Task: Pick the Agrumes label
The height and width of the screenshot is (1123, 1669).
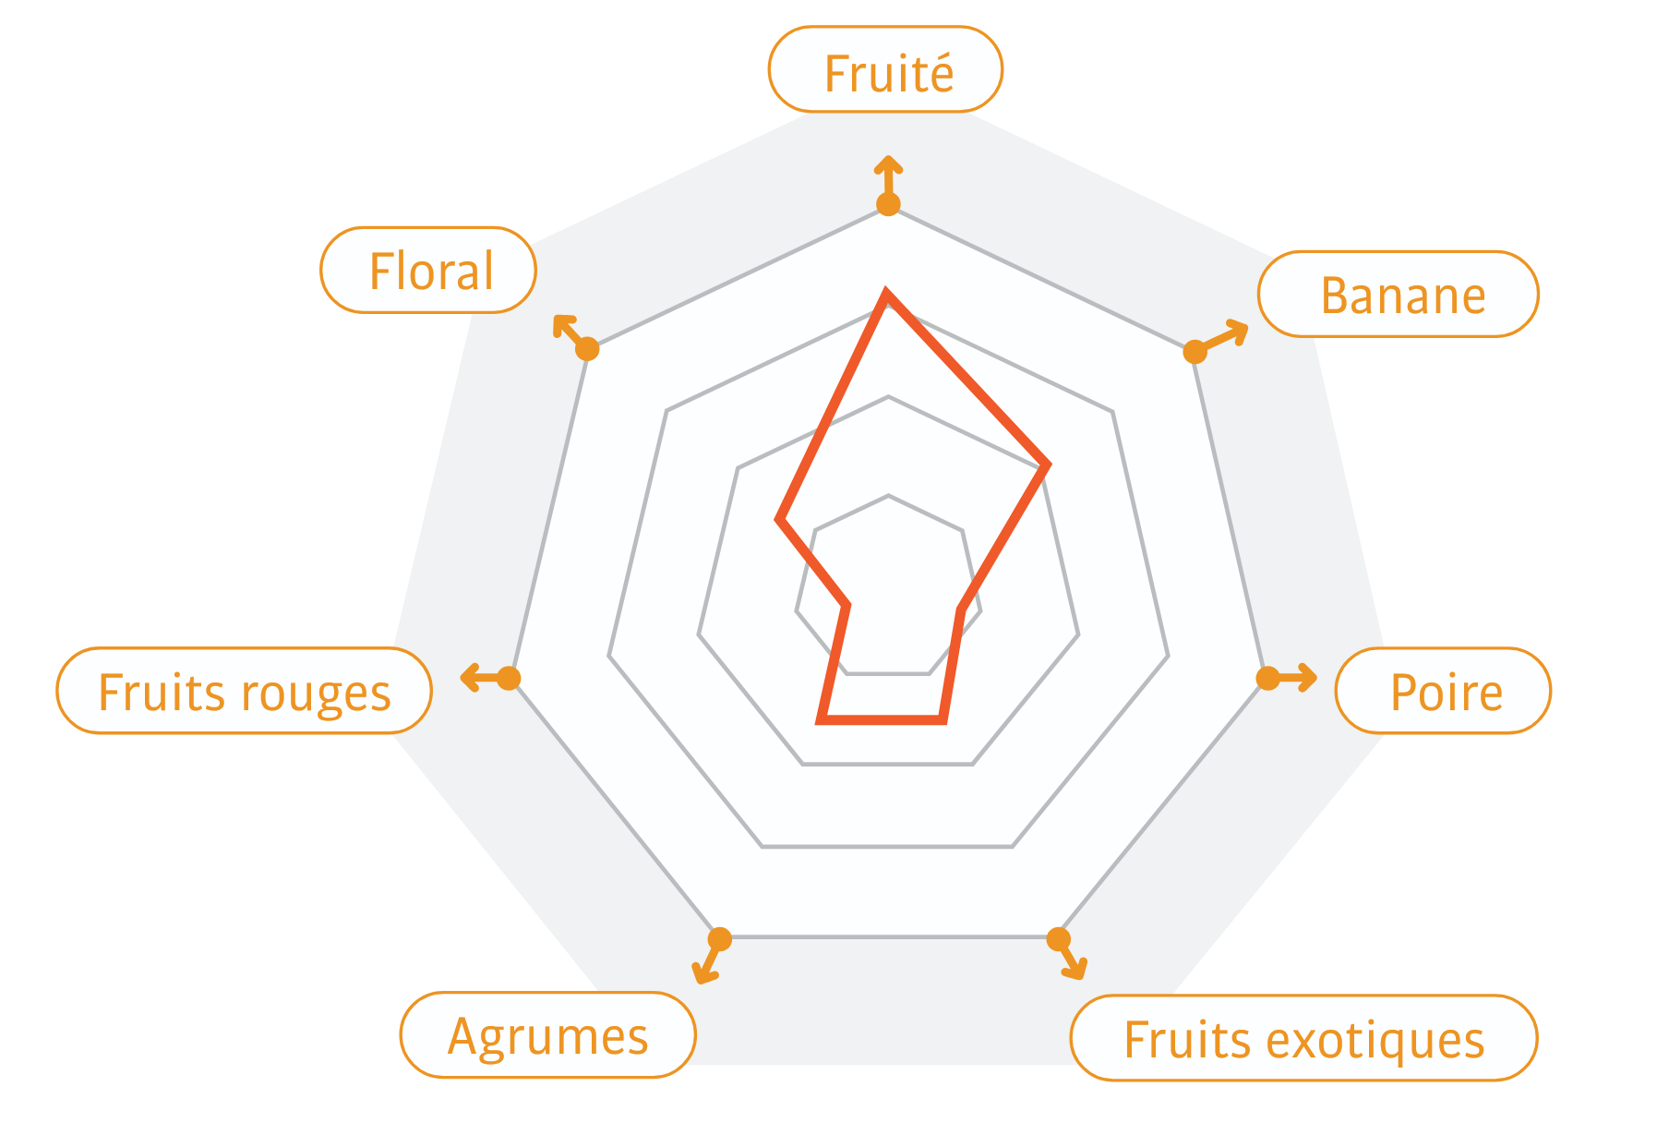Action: click(x=547, y=1035)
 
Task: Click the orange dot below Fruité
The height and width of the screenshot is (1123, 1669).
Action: click(x=888, y=204)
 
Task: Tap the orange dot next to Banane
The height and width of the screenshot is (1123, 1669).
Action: click(x=1195, y=352)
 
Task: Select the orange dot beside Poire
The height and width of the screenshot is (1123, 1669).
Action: click(x=1267, y=679)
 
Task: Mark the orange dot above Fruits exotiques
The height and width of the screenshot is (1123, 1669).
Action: click(x=1058, y=939)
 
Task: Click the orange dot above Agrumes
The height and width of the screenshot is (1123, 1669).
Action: click(x=720, y=939)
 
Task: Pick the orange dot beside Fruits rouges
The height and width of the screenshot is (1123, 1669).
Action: click(x=510, y=679)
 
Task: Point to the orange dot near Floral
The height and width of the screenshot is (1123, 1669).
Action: click(x=588, y=349)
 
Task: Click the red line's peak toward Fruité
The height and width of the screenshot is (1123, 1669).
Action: click(x=887, y=294)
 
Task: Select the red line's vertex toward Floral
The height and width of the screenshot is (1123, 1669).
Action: click(x=780, y=520)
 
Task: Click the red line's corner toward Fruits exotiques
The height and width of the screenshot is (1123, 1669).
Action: click(x=943, y=718)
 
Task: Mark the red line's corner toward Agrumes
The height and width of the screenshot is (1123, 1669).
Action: click(x=822, y=718)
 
